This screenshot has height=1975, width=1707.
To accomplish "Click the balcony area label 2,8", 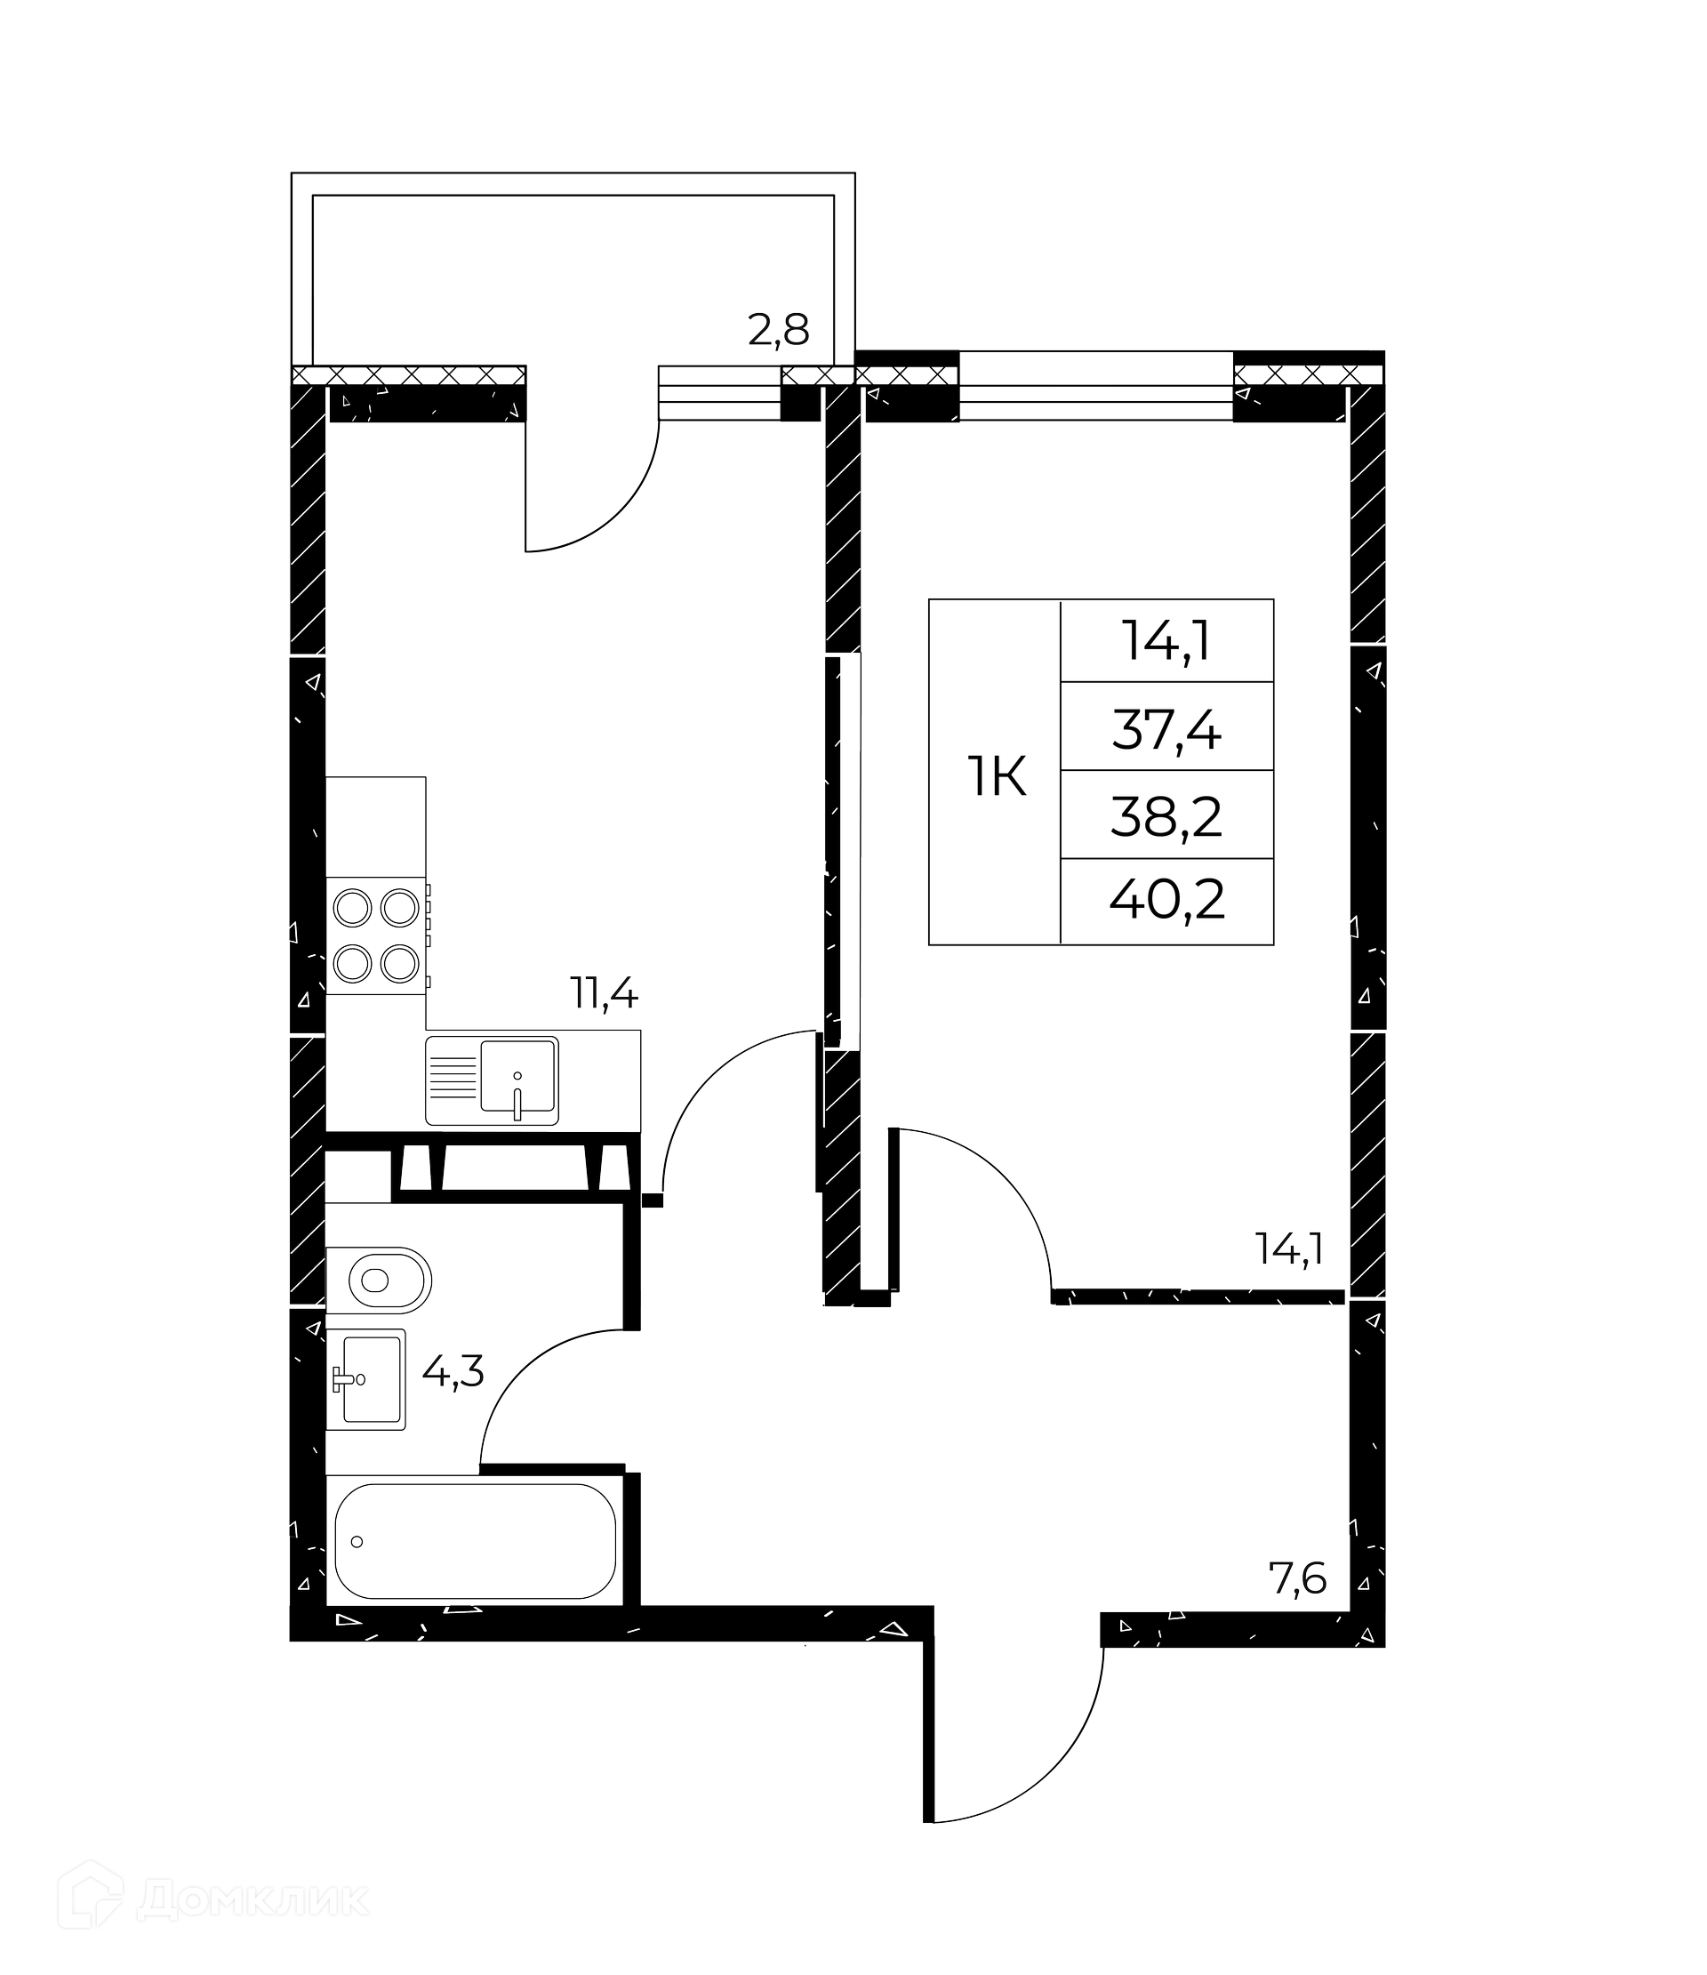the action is pyautogui.click(x=779, y=331).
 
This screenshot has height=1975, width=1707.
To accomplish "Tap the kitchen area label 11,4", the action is pyautogui.click(x=605, y=994).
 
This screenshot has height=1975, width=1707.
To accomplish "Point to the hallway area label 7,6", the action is pyautogui.click(x=1297, y=1580).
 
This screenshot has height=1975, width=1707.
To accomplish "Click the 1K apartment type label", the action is pyautogui.click(x=997, y=778).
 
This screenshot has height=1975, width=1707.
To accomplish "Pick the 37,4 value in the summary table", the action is pyautogui.click(x=1166, y=732).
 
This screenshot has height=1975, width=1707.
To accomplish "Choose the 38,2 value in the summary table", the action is pyautogui.click(x=1166, y=818).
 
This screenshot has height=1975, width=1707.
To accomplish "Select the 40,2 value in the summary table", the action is pyautogui.click(x=1166, y=900).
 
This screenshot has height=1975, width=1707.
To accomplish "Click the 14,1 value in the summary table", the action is pyautogui.click(x=1166, y=640).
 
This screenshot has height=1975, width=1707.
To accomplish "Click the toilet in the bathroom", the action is pyautogui.click(x=379, y=1280).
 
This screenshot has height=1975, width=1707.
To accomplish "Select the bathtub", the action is pyautogui.click(x=475, y=1541).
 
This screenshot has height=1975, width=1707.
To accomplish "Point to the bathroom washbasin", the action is pyautogui.click(x=366, y=1378).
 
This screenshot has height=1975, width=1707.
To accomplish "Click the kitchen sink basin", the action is pyautogui.click(x=517, y=1076).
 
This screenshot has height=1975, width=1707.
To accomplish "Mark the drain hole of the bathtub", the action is pyautogui.click(x=357, y=1541).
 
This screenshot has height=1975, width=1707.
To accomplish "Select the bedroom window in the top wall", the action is pyautogui.click(x=1096, y=386).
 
